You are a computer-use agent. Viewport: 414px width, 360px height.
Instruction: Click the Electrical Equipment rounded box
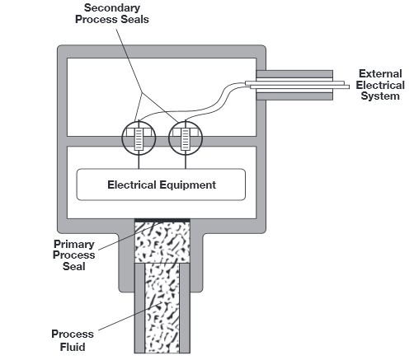(x=161, y=185)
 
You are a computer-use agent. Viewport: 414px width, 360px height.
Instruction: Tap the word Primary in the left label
(x=75, y=245)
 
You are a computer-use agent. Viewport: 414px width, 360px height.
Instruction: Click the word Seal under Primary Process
(x=75, y=266)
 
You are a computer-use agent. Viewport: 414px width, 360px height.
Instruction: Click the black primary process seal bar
(x=162, y=219)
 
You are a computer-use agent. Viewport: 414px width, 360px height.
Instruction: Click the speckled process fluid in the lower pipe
(x=162, y=313)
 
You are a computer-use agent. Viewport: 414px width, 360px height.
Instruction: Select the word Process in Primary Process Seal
(x=75, y=255)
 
